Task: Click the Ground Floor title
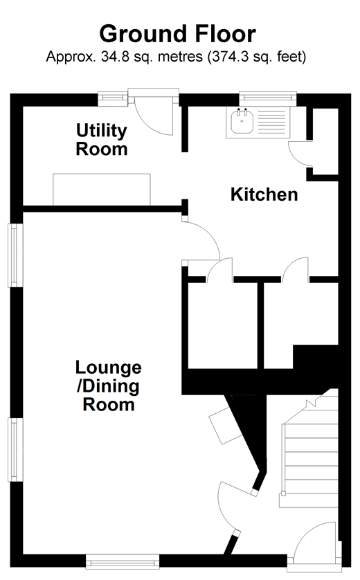coord(178,34)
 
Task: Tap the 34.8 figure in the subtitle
coord(112,57)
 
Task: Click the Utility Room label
coord(101,140)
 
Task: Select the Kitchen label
coord(264,194)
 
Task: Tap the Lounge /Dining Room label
coord(108,386)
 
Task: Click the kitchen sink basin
coord(242,122)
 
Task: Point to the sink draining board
coord(271,122)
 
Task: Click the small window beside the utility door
coord(113,98)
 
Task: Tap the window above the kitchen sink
coord(267,98)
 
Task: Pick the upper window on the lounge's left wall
coord(15,255)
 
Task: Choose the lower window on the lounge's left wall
coord(15,449)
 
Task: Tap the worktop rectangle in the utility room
coord(102,190)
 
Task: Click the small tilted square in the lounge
coord(226,426)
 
